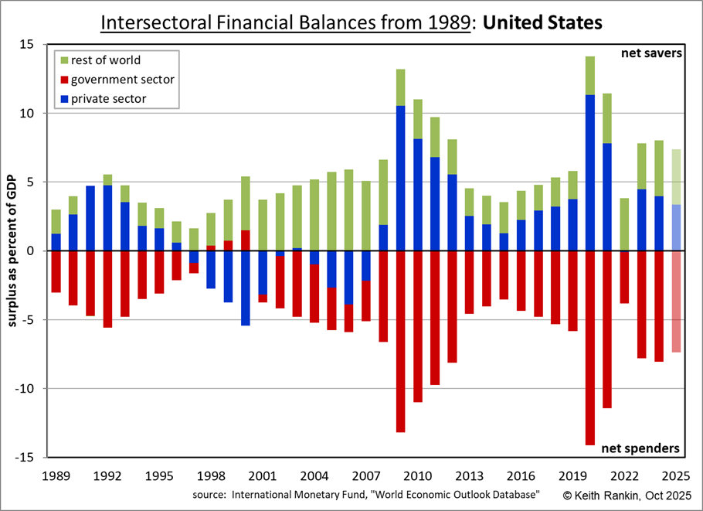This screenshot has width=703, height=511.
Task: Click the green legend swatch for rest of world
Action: click(x=65, y=60)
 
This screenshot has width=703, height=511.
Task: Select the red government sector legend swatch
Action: click(x=65, y=80)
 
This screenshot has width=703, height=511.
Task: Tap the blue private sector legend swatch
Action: click(x=65, y=99)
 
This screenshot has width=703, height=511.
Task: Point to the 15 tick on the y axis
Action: click(x=38, y=45)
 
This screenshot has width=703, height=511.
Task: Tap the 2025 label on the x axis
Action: click(x=677, y=475)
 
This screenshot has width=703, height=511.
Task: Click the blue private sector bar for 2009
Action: click(x=401, y=178)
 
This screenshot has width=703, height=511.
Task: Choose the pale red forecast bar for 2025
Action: click(x=677, y=301)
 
